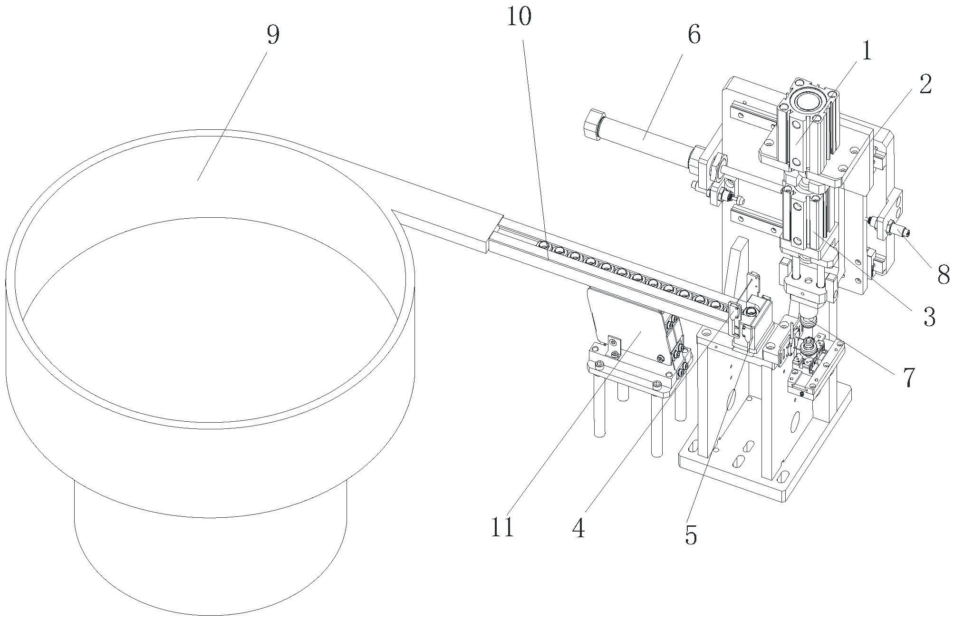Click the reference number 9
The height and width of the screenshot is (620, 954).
(273, 35)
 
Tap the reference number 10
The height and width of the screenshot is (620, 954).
(519, 18)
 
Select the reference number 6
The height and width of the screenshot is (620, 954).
(694, 35)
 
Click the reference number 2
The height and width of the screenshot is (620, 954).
(925, 84)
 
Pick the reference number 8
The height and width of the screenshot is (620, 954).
(943, 274)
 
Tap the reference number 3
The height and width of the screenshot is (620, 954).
(929, 316)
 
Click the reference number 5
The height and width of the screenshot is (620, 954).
(691, 535)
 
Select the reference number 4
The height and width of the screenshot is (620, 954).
(578, 528)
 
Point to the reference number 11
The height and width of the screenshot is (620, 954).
(502, 526)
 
